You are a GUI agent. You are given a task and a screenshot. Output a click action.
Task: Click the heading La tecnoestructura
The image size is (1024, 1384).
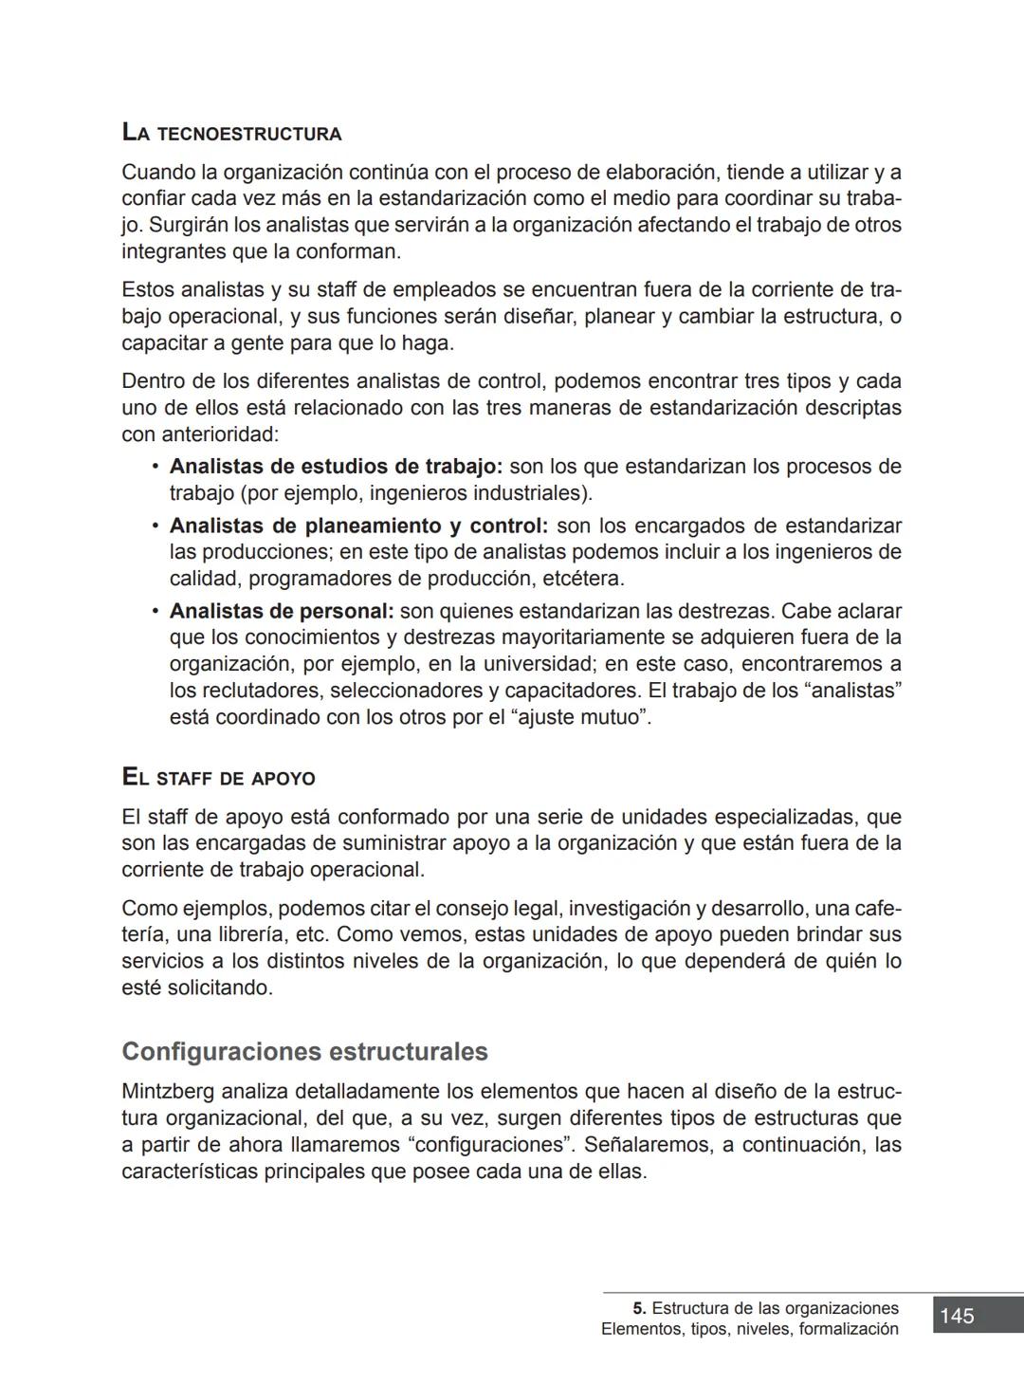pos(231,133)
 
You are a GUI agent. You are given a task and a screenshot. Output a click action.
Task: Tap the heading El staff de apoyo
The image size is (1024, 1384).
pos(218,778)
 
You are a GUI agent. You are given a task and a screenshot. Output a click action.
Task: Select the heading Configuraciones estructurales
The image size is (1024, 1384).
pos(304,1052)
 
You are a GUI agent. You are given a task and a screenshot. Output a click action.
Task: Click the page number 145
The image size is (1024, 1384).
pos(957,1316)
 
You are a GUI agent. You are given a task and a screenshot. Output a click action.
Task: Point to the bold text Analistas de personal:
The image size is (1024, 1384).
pos(282,611)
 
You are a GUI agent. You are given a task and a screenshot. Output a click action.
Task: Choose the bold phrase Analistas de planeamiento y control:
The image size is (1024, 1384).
pos(358,526)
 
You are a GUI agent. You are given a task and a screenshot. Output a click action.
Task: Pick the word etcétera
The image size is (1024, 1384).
pos(583,579)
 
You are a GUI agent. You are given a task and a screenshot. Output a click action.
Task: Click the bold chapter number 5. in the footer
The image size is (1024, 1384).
pos(640,1309)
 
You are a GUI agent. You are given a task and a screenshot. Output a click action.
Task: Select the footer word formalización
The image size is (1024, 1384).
pos(849,1329)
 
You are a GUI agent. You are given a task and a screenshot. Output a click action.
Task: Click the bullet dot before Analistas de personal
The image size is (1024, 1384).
pos(155,611)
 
